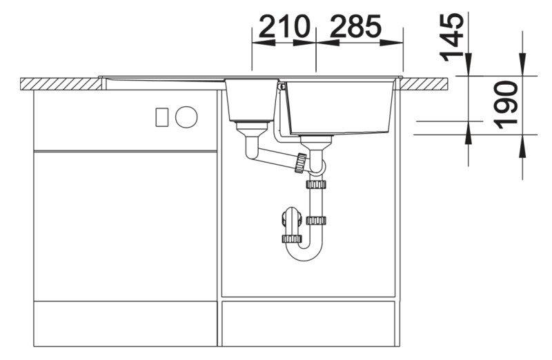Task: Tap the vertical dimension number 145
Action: pos(452,37)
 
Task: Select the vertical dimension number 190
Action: pos(506,106)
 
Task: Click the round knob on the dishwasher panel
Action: pos(186,117)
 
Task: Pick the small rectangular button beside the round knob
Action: pos(161,117)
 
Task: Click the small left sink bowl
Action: pos(251,100)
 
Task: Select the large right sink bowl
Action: pos(339,108)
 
